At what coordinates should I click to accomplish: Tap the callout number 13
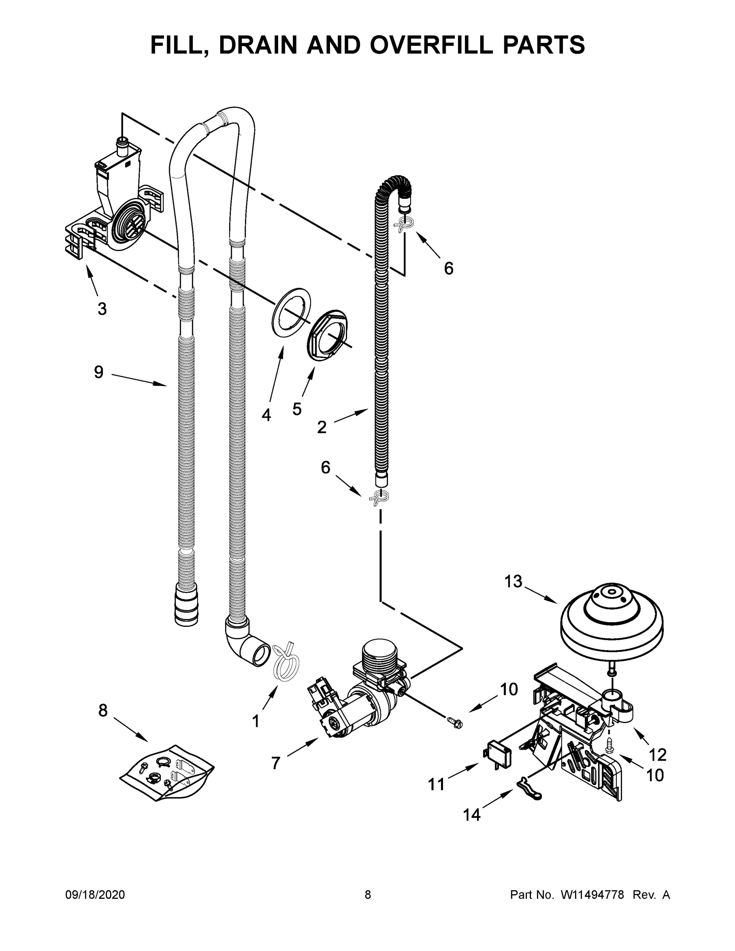[x=513, y=581]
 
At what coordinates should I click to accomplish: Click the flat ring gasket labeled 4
[x=292, y=312]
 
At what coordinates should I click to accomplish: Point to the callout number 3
[x=102, y=309]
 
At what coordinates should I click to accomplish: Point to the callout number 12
[x=657, y=754]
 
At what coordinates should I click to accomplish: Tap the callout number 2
[x=321, y=428]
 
